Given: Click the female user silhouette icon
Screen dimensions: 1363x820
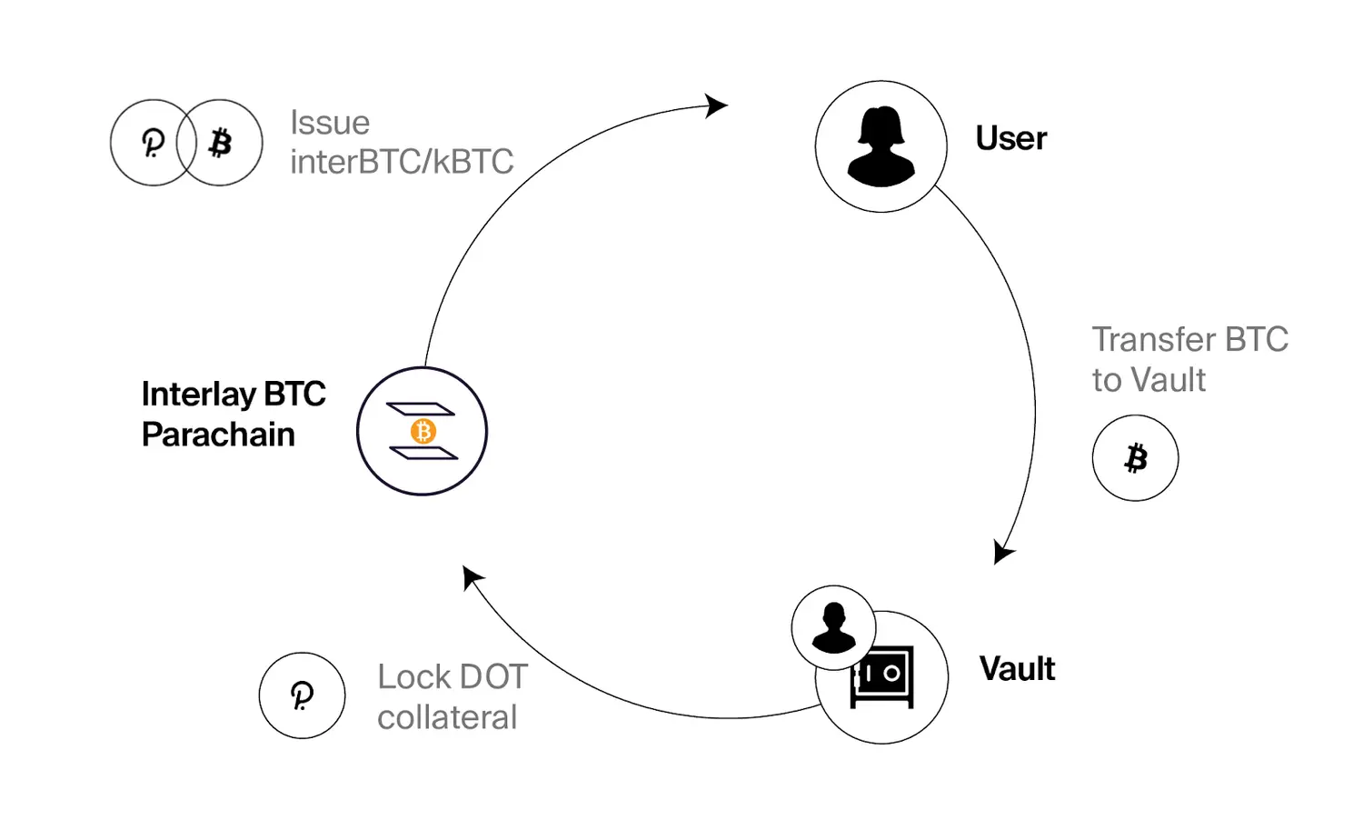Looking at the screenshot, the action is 880,146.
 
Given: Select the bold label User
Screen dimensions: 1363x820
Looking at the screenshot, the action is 1010,138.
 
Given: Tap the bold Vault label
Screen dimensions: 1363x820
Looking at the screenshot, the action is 1017,668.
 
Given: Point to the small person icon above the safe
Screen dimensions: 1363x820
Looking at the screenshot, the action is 833,627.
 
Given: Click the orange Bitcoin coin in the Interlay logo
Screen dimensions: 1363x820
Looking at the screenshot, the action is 423,431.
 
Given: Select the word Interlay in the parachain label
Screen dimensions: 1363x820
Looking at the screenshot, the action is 199,395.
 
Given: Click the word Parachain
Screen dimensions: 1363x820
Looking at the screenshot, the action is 218,435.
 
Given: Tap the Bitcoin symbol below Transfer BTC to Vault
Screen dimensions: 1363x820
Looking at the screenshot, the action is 1136,458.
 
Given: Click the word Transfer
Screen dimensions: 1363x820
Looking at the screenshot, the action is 1153,339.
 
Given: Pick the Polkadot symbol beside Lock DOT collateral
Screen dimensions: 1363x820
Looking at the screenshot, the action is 302,695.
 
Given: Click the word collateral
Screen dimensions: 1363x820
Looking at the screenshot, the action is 447,716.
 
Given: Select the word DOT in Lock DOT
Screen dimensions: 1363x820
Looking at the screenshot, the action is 493,676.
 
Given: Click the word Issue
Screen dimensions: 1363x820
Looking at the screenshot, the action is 330,123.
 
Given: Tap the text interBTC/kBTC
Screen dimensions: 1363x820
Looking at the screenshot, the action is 402,161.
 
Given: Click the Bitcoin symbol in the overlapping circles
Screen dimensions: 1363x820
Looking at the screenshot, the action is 220,143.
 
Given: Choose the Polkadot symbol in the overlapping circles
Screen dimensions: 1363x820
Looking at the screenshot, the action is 153,144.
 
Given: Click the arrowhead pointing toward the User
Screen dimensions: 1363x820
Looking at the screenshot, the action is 715,106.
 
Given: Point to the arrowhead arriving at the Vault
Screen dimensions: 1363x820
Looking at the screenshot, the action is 1003,552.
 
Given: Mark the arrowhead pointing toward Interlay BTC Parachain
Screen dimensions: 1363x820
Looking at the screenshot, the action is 473,577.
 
